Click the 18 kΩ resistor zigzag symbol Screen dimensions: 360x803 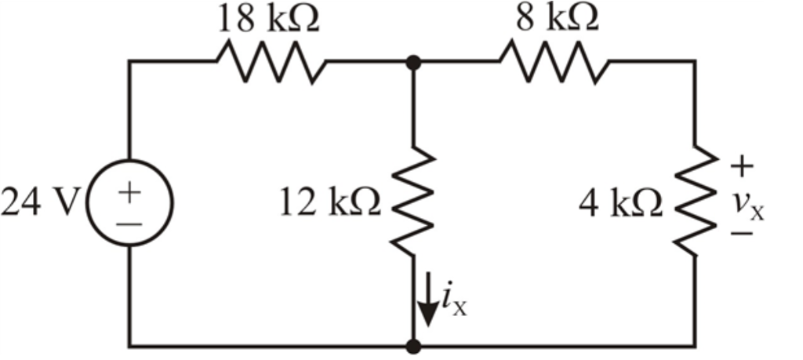click(x=271, y=61)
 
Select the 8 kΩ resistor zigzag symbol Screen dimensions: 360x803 click(x=554, y=61)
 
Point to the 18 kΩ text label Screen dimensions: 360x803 click(x=269, y=20)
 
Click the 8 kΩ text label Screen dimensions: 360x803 click(x=557, y=20)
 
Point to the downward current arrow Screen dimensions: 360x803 click(x=427, y=308)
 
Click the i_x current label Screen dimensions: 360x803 click(x=454, y=303)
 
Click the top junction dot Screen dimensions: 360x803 click(x=413, y=61)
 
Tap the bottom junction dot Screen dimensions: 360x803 click(x=413, y=345)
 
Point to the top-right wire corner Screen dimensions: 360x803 click(x=695, y=61)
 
